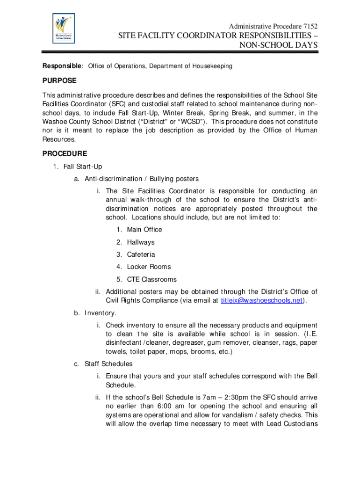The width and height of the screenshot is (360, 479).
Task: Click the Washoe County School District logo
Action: [63, 29]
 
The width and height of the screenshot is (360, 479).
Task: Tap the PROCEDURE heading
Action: [65, 153]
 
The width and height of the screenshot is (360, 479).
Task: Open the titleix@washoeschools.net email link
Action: [261, 300]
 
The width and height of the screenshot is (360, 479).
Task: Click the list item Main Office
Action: [144, 230]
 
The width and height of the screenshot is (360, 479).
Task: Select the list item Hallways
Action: [140, 242]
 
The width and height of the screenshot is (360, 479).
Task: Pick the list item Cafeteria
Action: [141, 254]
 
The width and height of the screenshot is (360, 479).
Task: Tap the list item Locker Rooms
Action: [149, 267]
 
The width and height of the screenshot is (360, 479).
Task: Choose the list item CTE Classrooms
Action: [151, 279]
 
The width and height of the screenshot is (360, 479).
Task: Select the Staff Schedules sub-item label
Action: [108, 363]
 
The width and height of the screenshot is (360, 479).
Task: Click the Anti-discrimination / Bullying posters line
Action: [142, 179]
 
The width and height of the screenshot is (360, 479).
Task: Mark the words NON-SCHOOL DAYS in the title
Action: [279, 45]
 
